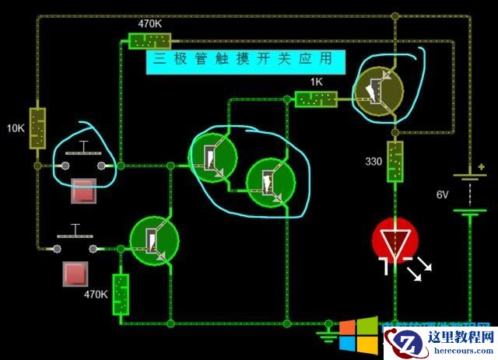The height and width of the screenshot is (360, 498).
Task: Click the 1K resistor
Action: click(316, 99)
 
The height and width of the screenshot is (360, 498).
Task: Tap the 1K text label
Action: click(316, 82)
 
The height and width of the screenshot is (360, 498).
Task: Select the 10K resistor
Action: click(37, 128)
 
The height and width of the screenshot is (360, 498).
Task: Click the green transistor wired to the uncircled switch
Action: click(154, 239)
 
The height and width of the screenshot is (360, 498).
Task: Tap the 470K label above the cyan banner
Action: click(149, 23)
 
